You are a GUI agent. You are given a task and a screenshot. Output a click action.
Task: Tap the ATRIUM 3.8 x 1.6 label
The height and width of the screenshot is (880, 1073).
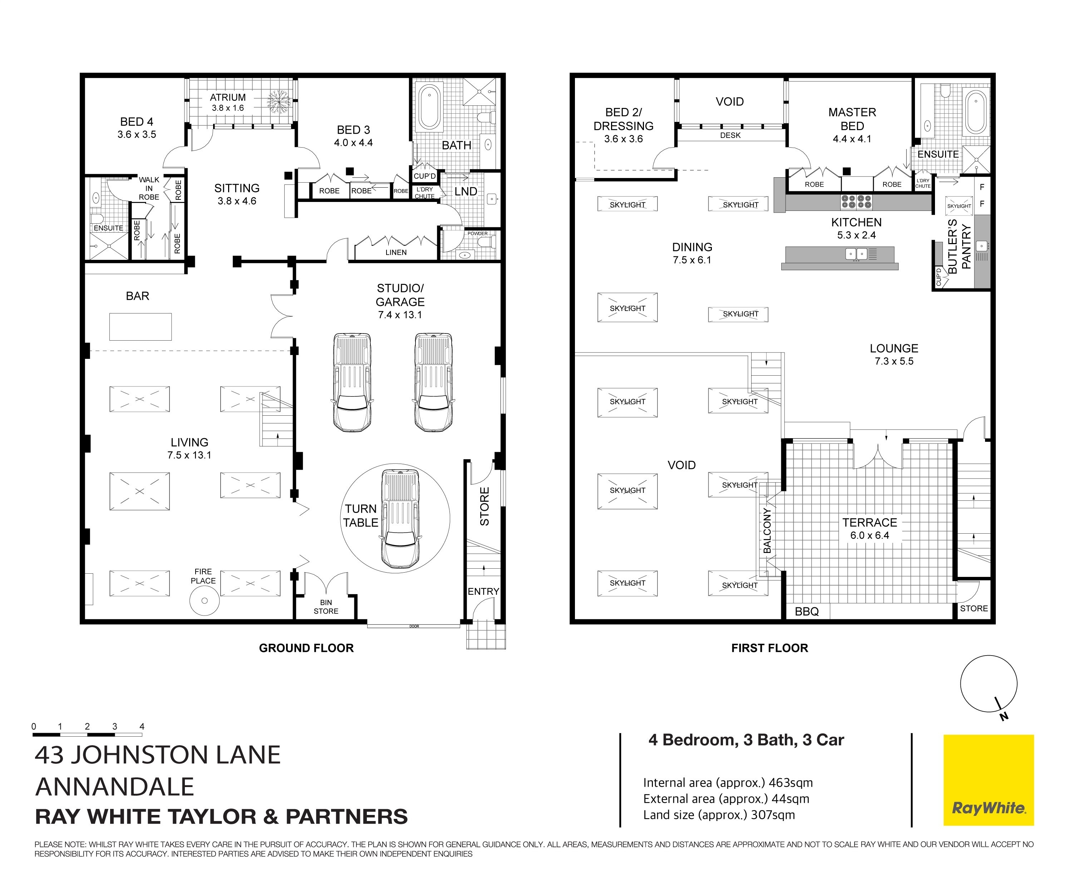pyautogui.click(x=228, y=102)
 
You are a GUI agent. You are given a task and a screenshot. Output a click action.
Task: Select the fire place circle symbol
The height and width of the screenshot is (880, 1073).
pyautogui.click(x=205, y=601)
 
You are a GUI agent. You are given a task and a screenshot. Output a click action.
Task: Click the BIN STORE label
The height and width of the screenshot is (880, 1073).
pyautogui.click(x=326, y=607)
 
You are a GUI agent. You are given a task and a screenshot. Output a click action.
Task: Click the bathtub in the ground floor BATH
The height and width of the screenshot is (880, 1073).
pyautogui.click(x=429, y=107)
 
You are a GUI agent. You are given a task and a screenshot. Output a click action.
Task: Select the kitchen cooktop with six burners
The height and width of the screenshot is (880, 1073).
pyautogui.click(x=856, y=202)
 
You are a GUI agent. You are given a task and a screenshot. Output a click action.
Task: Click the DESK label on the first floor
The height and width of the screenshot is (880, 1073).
pyautogui.click(x=730, y=135)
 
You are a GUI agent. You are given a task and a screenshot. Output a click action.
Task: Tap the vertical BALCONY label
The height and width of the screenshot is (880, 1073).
pyautogui.click(x=767, y=530)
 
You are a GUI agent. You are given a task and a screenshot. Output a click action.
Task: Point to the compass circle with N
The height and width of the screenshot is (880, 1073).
pyautogui.click(x=988, y=684)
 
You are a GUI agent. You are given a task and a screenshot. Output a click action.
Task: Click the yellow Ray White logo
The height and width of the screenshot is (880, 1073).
pyautogui.click(x=988, y=780)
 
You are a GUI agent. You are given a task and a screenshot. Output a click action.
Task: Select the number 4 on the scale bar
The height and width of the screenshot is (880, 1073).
pyautogui.click(x=142, y=726)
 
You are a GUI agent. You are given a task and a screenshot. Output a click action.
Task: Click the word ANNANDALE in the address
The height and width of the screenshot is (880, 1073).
pyautogui.click(x=115, y=787)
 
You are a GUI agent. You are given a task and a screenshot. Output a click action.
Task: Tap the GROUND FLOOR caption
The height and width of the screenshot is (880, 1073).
pyautogui.click(x=306, y=648)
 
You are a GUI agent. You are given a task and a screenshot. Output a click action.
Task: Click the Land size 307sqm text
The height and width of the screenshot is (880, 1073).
pyautogui.click(x=719, y=815)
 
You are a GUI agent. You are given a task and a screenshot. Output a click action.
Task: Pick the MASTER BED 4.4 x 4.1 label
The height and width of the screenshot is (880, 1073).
pyautogui.click(x=852, y=125)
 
